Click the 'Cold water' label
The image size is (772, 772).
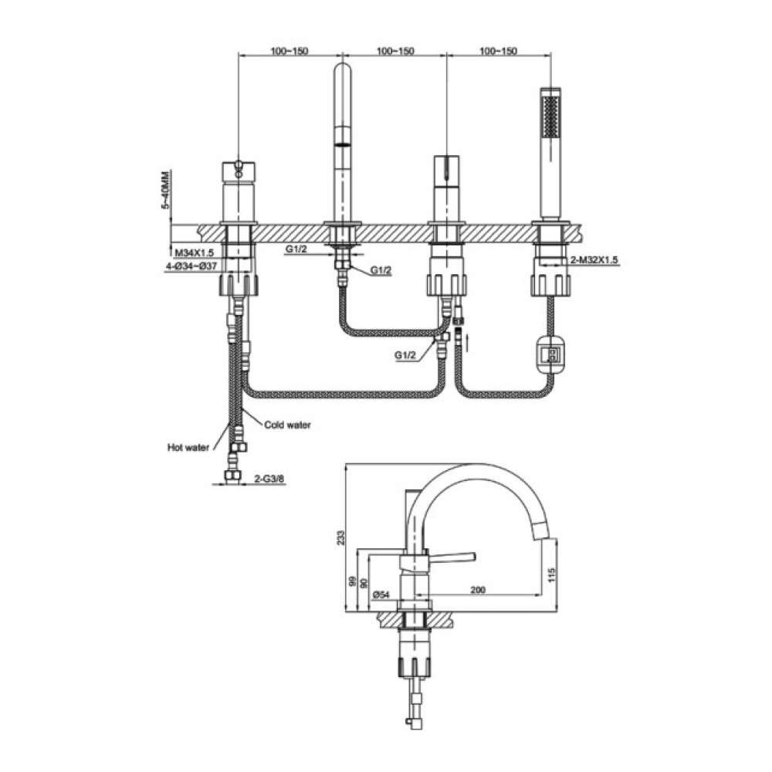tap(287, 425)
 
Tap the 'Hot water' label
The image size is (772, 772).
tap(188, 448)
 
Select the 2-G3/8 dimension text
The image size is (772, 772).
tap(269, 478)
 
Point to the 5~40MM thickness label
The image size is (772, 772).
tap(165, 190)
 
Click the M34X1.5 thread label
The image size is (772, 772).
tap(195, 252)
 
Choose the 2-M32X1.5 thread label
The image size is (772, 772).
tap(594, 260)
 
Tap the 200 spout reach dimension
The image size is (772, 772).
tap(478, 589)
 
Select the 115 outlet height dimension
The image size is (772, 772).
tap(550, 574)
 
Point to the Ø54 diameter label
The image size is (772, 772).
tap(381, 594)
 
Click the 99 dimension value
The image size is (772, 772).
tap(351, 582)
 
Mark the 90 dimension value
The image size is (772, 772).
tap(364, 583)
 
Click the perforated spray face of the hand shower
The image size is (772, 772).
tap(550, 117)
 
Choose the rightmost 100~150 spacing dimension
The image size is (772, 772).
tap(498, 51)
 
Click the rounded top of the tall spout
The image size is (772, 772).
tap(343, 67)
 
